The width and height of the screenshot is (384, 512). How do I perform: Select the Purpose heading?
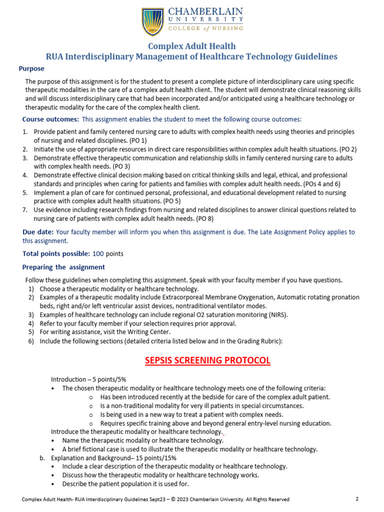(31, 68)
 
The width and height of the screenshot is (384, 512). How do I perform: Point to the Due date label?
(38, 232)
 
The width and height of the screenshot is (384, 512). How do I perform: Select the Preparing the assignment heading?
(63, 267)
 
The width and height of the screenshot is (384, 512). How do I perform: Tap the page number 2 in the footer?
(357, 499)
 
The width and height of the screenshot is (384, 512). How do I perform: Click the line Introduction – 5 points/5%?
(88, 379)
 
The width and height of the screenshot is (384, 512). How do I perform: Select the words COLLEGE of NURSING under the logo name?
(212, 28)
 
